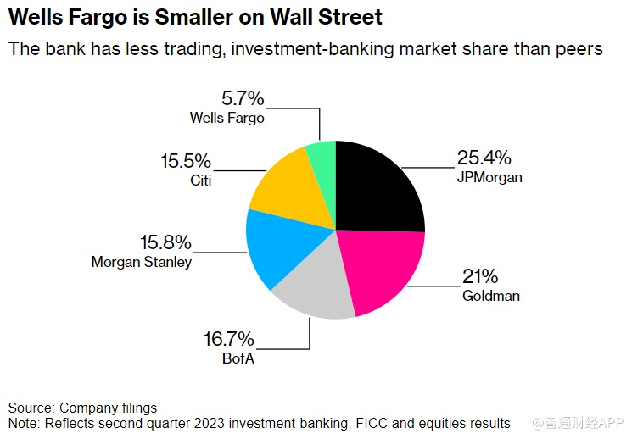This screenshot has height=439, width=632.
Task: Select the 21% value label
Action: tap(479, 277)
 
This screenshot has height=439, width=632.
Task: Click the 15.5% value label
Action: tap(187, 161)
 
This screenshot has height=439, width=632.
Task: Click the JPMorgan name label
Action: tap(489, 178)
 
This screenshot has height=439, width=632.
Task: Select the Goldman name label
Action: tap(490, 297)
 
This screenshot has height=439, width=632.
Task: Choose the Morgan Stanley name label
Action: tap(142, 263)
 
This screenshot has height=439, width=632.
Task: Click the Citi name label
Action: tap(200, 180)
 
